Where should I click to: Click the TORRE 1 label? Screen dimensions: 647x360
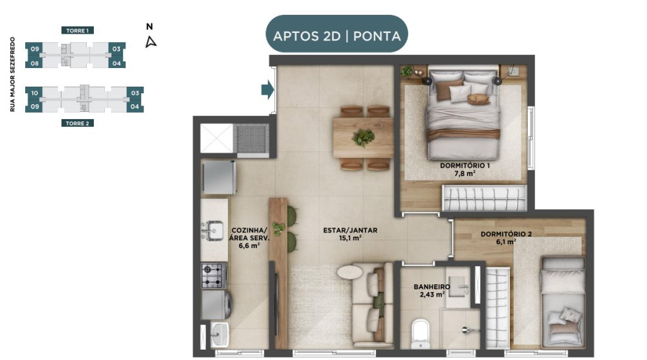(77, 30)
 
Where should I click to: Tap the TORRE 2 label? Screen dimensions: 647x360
(77, 123)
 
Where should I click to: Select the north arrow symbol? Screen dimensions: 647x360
(151, 42)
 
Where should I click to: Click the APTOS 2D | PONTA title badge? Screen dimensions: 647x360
(336, 34)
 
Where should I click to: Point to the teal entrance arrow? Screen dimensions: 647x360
(267, 89)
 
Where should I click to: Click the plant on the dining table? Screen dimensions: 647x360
(364, 137)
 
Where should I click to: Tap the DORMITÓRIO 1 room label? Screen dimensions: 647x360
(465, 166)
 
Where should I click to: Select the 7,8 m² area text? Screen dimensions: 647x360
(465, 174)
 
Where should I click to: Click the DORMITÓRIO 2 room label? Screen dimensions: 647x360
(506, 234)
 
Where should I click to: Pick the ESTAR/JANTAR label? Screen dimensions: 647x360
(350, 231)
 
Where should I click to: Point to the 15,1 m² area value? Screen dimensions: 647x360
(350, 238)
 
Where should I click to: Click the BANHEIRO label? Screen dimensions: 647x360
(432, 287)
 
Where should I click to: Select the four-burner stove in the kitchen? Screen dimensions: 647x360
(214, 275)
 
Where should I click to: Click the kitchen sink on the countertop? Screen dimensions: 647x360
(214, 231)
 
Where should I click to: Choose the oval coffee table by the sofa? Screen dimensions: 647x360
(349, 272)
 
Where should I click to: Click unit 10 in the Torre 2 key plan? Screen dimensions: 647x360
(35, 93)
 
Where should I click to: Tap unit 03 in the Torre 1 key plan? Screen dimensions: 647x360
(116, 49)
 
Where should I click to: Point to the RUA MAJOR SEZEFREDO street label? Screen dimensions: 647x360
(12, 74)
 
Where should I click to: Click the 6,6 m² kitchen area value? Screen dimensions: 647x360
(249, 245)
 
